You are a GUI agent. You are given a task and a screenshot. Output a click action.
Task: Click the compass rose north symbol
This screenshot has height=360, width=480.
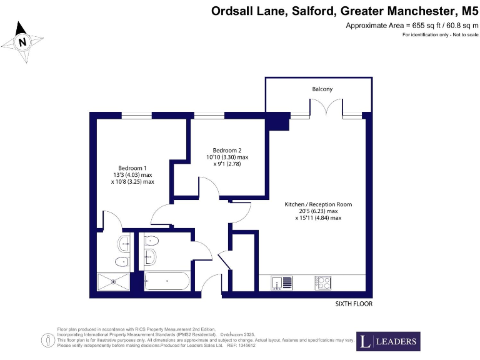(x=23, y=42)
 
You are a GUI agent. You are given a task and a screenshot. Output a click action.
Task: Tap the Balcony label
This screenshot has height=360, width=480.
(x=322, y=89)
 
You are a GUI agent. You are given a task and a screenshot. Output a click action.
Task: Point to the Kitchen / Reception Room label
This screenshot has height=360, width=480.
(x=318, y=204)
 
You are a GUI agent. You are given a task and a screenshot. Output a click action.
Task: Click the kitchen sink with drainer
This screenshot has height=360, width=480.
(x=278, y=283)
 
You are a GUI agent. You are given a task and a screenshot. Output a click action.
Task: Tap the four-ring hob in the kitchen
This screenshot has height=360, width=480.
(x=323, y=283)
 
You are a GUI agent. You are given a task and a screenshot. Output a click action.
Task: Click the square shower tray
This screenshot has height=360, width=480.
(x=114, y=282)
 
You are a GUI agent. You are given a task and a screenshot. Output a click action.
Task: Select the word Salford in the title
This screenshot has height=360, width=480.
(x=301, y=11)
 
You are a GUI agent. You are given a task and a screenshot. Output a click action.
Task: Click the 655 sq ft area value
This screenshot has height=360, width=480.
(x=419, y=26)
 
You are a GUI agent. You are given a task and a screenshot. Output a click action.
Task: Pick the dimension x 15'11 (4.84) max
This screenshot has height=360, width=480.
(x=318, y=218)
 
